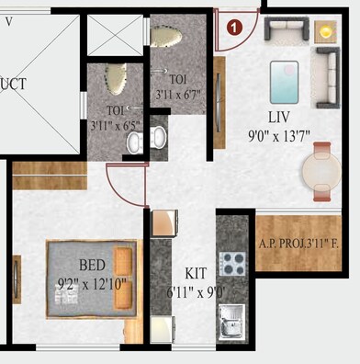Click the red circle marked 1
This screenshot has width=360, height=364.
(x=236, y=28)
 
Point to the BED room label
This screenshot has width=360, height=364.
(x=92, y=265)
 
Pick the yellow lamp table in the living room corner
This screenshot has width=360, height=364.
(x=326, y=30)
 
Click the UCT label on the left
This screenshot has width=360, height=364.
(x=15, y=84)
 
